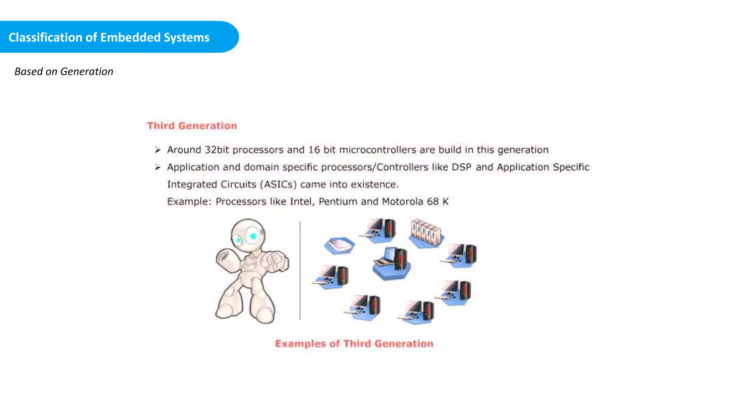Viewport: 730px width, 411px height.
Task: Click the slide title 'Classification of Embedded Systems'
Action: (109, 37)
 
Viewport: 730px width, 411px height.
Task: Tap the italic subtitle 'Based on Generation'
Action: (64, 71)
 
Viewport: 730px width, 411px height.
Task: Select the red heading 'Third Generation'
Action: (192, 126)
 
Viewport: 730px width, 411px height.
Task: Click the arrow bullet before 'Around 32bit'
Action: (158, 150)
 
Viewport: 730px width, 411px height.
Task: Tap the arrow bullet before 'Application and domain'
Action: (158, 167)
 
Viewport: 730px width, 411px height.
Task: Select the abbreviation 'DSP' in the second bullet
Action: (461, 167)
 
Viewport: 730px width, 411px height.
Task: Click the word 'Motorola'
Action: (402, 202)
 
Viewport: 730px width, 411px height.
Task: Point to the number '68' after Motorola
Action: (433, 202)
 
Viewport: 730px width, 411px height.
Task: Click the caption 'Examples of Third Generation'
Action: (354, 344)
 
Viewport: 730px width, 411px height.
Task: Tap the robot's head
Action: (248, 235)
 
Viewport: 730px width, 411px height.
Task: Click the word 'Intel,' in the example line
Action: (302, 202)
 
